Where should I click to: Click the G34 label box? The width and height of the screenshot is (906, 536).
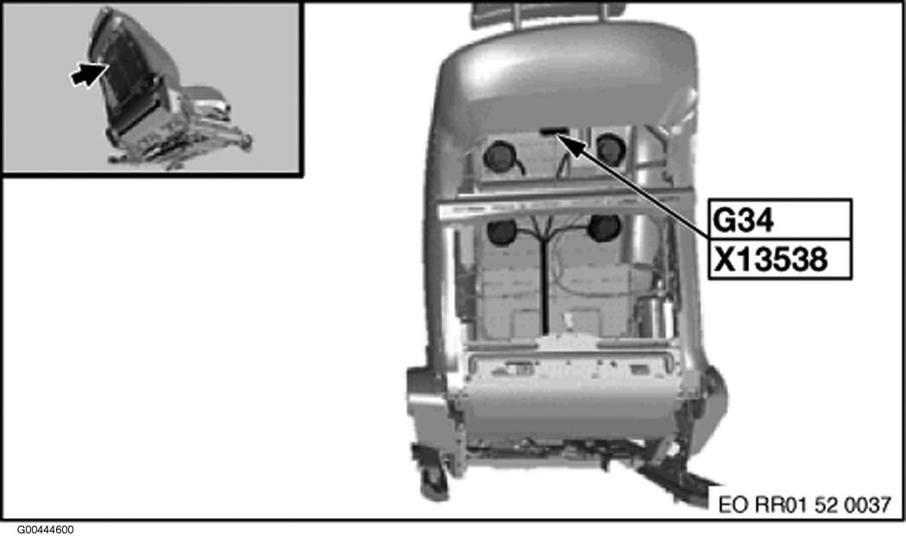pos(779,219)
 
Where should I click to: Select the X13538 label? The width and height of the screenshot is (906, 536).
pos(779,257)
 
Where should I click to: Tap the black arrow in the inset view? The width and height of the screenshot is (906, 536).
pos(84,78)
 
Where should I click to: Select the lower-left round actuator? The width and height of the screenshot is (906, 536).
pos(502,231)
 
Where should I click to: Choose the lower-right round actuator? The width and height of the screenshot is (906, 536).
pos(606,227)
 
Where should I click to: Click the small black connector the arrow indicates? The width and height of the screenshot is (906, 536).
pos(553,131)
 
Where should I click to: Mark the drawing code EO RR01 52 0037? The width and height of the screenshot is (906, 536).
pos(804,503)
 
